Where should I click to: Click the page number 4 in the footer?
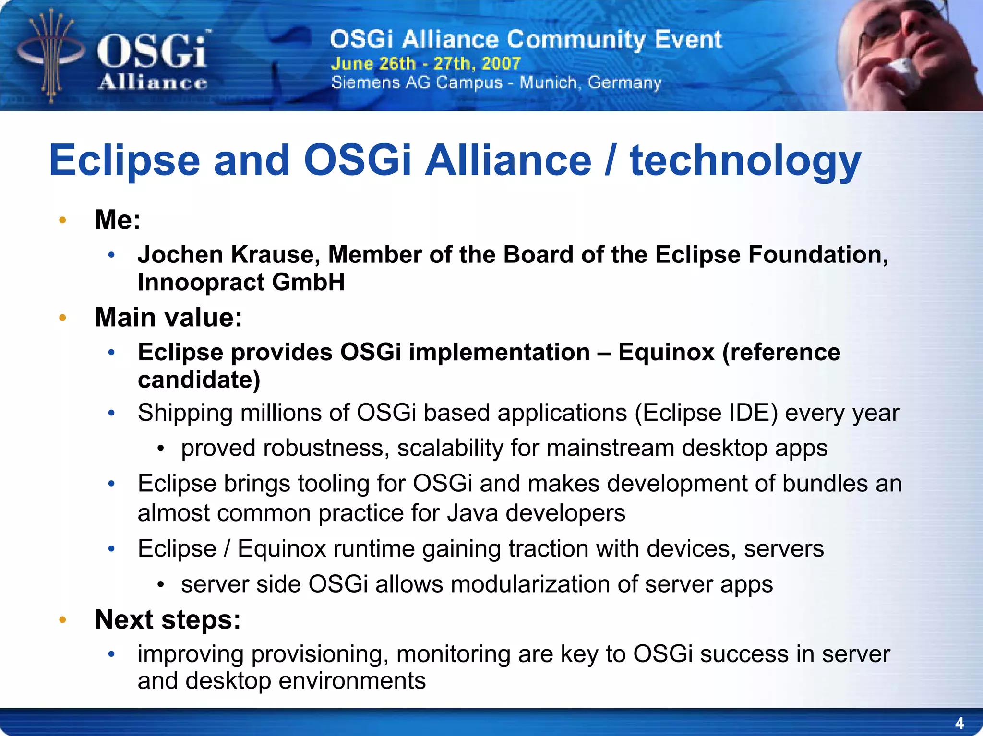pyautogui.click(x=959, y=723)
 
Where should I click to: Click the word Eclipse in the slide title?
pyautogui.click(x=124, y=161)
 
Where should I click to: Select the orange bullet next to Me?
pyautogui.click(x=62, y=220)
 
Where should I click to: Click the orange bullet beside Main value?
pyautogui.click(x=62, y=318)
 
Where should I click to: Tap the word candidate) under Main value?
pyautogui.click(x=199, y=380)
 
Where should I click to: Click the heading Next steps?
pyautogui.click(x=168, y=619)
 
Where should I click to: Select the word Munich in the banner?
pyautogui.click(x=548, y=83)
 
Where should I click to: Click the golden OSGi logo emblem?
pyautogui.click(x=51, y=55)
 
